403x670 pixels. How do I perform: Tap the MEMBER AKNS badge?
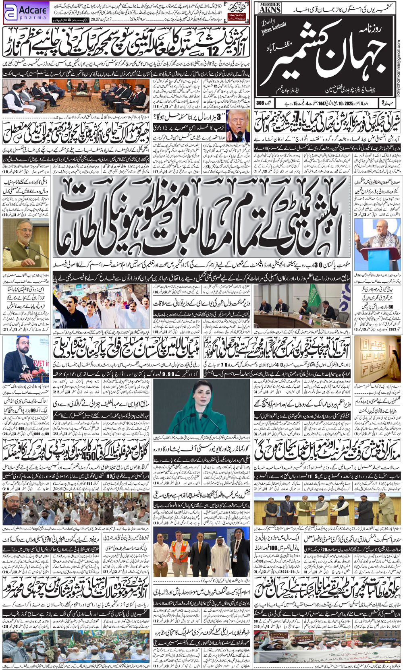[x=270, y=8]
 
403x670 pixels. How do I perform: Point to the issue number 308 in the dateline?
[x=263, y=103]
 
